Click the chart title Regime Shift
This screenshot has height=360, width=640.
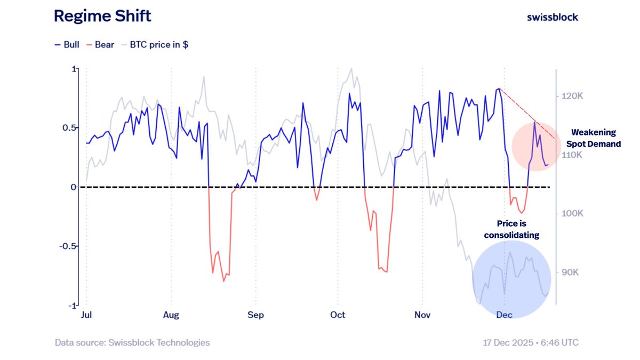102,16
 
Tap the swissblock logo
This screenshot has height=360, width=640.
552,17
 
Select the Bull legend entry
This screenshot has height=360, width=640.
67,45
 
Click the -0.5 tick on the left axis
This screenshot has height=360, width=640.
67,246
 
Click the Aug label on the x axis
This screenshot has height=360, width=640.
171,315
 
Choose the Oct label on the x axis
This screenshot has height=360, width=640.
338,315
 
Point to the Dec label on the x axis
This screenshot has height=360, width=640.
504,315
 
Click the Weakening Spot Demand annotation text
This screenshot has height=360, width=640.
593,138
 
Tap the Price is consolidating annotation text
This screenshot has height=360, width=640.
515,229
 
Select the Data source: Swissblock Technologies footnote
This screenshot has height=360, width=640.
132,342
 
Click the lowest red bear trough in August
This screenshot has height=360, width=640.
224,281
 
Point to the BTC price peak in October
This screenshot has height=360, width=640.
350,69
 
